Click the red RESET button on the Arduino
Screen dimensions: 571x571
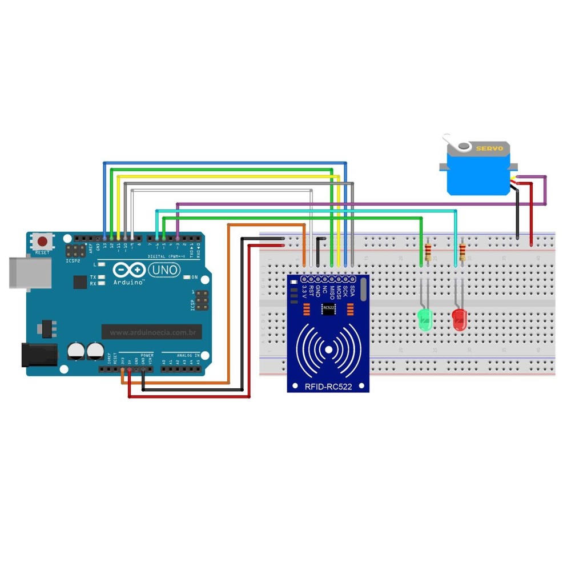point(42,242)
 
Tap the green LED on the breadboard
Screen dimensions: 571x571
point(425,320)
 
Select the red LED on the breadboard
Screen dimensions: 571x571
point(459,319)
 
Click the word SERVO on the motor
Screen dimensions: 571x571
point(489,148)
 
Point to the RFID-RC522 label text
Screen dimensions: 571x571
point(328,387)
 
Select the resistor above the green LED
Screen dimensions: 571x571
point(428,250)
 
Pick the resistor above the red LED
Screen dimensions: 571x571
point(462,250)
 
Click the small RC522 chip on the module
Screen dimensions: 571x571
point(328,308)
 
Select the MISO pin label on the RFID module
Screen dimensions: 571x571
point(331,293)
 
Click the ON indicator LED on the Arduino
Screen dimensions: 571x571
point(187,278)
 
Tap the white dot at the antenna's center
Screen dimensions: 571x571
point(328,348)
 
